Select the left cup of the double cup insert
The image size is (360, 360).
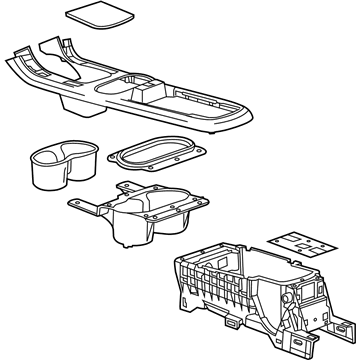[47, 160]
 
